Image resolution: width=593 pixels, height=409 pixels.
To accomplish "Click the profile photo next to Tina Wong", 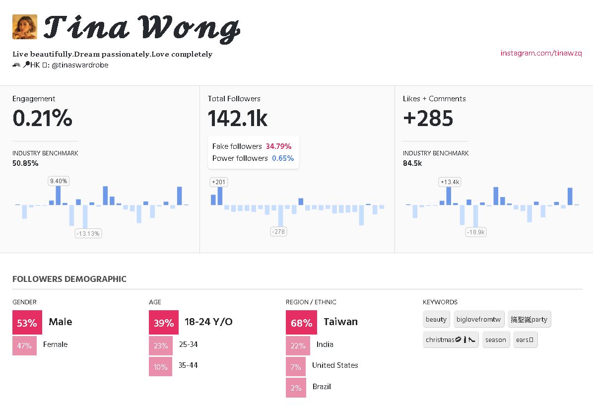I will [25, 27].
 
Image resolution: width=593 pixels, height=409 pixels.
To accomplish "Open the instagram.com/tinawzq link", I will [541, 53].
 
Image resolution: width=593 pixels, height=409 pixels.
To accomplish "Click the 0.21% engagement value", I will [42, 119].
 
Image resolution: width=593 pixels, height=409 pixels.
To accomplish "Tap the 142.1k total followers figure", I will [238, 119].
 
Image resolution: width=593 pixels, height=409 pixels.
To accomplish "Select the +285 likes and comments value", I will [428, 119].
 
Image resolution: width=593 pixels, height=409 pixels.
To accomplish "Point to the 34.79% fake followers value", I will [278, 146].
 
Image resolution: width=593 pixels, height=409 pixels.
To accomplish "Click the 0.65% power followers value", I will [283, 158].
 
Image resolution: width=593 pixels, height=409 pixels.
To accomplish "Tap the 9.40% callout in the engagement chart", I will [59, 181].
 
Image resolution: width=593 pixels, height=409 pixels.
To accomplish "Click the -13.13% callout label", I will [88, 233].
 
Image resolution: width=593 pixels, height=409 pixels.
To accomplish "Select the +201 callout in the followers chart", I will [218, 182].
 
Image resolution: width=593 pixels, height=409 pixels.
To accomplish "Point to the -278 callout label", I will [278, 231].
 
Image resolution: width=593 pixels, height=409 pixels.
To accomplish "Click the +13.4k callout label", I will [450, 182].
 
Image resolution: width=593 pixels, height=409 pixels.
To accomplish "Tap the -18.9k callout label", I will [476, 232].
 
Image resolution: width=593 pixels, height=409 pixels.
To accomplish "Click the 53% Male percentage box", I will [27, 323].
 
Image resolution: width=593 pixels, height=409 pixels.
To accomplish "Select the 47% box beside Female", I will [24, 345].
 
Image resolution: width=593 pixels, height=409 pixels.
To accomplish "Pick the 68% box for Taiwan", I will [301, 323].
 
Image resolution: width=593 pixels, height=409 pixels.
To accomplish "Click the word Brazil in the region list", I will [322, 387].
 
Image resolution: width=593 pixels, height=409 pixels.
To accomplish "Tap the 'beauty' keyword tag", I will [436, 319].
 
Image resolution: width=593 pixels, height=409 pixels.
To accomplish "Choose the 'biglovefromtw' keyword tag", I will [478, 319].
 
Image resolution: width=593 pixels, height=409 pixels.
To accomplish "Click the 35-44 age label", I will [188, 365].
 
